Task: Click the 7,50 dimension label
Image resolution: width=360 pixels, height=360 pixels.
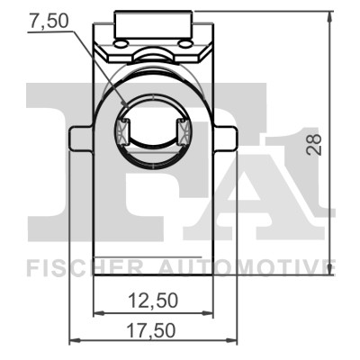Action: (49, 22)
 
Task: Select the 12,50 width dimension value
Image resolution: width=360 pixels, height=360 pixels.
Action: (153, 301)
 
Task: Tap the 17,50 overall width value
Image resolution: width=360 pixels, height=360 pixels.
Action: (151, 330)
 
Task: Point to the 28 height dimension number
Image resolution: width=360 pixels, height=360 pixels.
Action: (313, 145)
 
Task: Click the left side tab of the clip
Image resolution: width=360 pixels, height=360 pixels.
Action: (81, 139)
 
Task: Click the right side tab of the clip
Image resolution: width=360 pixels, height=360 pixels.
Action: (226, 139)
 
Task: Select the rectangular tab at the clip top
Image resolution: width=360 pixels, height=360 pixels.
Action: (153, 24)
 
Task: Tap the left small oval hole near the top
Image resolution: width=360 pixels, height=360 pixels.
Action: (121, 44)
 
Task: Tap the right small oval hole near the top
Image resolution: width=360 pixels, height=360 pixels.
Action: (184, 44)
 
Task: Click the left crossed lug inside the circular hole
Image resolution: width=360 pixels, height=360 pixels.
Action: (122, 132)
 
